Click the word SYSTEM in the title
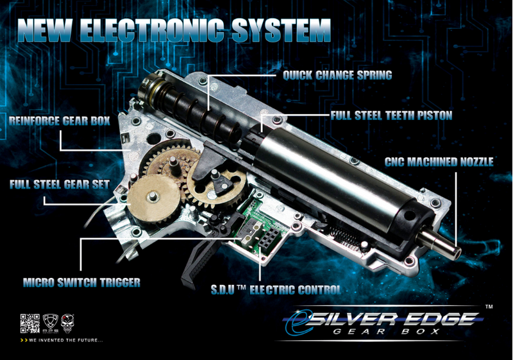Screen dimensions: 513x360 (x=282, y=30)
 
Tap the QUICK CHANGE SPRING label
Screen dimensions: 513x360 (x=337, y=75)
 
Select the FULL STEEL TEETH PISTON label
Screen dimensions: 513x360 (x=391, y=116)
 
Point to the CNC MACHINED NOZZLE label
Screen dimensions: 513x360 (x=439, y=162)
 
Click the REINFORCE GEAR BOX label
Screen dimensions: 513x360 (x=60, y=121)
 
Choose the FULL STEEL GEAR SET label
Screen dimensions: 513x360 (x=60, y=184)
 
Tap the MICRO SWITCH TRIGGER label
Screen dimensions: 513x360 (x=81, y=282)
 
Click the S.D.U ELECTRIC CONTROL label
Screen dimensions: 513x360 (x=276, y=289)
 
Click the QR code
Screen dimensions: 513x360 (x=29, y=323)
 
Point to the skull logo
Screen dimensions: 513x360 (x=68, y=323)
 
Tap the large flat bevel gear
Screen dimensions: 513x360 (x=153, y=198)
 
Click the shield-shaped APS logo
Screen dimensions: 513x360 (x=51, y=323)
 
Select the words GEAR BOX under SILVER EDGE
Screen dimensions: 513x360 (x=386, y=332)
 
